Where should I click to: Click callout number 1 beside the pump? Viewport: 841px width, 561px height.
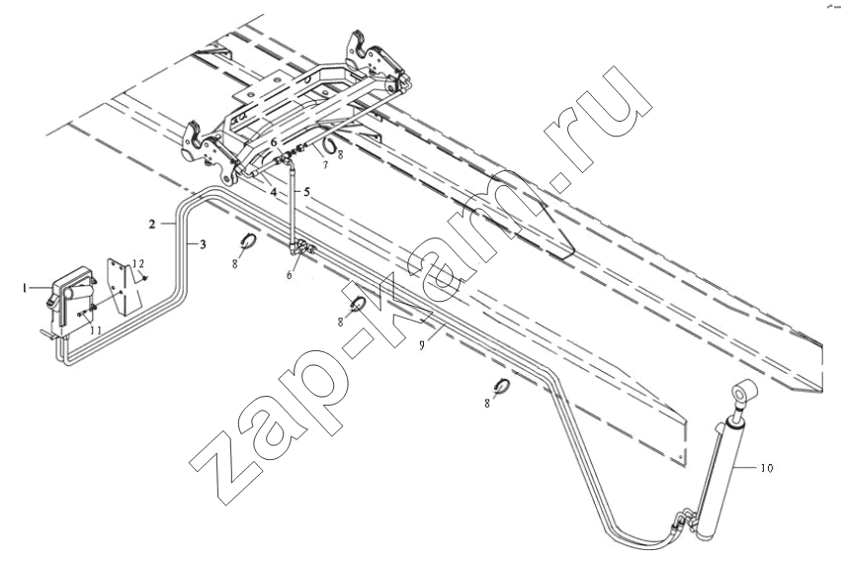25,288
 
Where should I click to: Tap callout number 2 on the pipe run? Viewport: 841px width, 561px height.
152,224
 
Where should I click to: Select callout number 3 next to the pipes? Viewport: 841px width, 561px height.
203,244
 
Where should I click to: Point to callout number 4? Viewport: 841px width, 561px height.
274,192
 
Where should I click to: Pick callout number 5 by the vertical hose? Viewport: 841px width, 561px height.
306,192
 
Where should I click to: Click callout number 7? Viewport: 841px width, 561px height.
324,165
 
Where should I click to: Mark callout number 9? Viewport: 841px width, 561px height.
422,345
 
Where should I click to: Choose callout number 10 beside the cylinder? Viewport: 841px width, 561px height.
767,468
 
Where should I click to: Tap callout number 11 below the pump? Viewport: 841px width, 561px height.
95,330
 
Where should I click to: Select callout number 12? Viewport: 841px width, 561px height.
138,263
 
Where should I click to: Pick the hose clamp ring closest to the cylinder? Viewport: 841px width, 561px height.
502,387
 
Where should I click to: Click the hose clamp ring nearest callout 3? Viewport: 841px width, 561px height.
249,242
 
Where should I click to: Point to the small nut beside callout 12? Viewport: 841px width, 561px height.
146,278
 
